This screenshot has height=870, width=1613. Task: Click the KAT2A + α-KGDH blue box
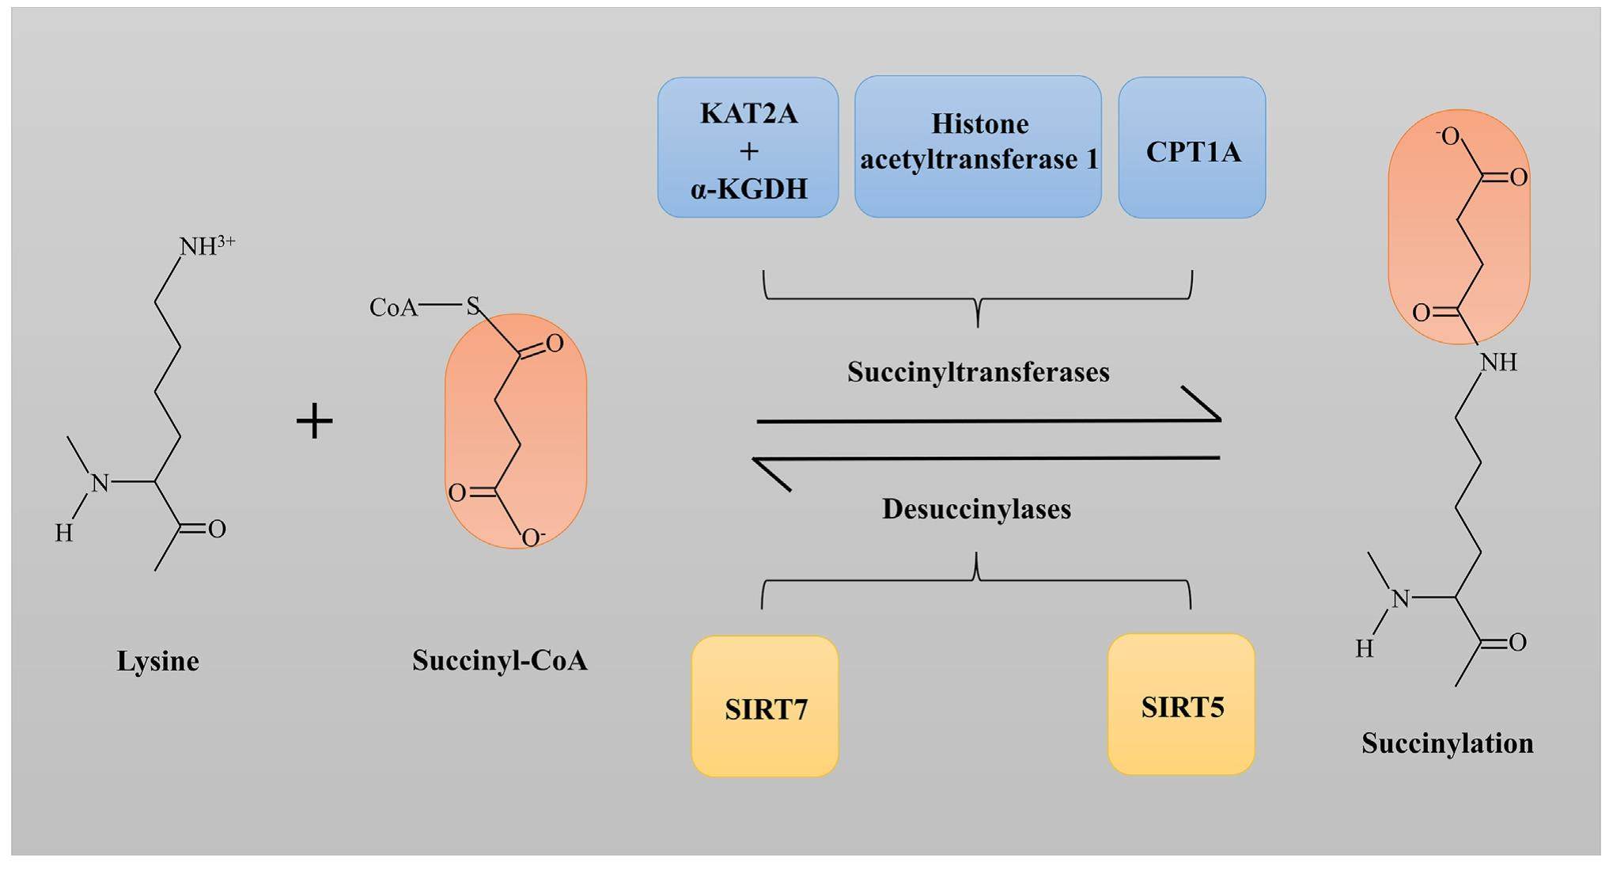point(748,148)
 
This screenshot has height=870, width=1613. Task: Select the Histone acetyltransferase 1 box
point(979,146)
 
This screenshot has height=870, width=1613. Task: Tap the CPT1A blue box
point(1192,149)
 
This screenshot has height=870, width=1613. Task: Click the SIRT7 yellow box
point(765,707)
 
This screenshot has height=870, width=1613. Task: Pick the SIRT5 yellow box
point(1181,705)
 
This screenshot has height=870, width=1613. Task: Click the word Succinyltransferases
point(978,372)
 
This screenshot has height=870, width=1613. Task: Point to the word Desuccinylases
point(976,509)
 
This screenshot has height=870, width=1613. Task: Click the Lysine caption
point(157,661)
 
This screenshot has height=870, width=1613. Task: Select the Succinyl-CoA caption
point(499,660)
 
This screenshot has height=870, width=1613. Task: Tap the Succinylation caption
point(1447,743)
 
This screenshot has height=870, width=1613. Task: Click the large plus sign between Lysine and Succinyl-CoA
point(314,420)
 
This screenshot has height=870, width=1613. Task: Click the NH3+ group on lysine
point(206,245)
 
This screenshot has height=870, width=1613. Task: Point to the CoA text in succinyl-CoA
point(393,307)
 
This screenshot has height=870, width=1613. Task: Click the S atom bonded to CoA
point(473,306)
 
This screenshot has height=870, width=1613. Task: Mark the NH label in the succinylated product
point(1498,363)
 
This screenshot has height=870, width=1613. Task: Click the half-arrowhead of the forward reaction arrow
point(1202,403)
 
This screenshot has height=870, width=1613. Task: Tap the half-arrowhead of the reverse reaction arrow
point(771,475)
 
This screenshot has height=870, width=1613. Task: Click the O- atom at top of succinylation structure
point(1448,137)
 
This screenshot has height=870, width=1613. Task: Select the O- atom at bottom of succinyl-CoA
point(533,538)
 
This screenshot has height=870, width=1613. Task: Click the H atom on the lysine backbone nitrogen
point(64,534)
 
